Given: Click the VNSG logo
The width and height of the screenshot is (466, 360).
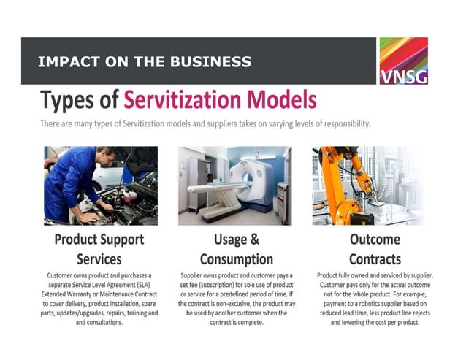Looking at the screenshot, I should click(x=403, y=61).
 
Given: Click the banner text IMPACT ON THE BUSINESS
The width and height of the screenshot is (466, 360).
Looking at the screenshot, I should click(x=145, y=62).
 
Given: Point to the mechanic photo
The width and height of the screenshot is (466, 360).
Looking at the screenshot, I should click(x=100, y=185).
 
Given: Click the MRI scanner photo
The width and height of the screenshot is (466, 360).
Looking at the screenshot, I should click(x=234, y=185).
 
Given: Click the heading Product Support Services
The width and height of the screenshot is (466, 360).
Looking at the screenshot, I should click(x=99, y=249).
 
